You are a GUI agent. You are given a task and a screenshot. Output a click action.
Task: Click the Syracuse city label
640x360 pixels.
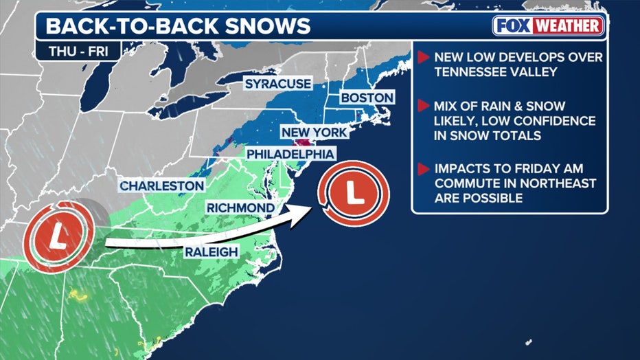tap(278, 84)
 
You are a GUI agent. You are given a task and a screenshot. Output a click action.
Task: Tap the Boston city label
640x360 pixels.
tap(367, 98)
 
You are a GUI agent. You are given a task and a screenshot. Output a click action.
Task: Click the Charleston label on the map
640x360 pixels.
tap(161, 185)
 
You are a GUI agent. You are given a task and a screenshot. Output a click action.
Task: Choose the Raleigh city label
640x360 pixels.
tap(211, 252)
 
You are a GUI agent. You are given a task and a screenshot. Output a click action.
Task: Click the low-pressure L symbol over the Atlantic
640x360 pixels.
tap(354, 193)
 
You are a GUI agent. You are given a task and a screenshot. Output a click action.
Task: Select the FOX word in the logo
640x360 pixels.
tap(515, 27)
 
